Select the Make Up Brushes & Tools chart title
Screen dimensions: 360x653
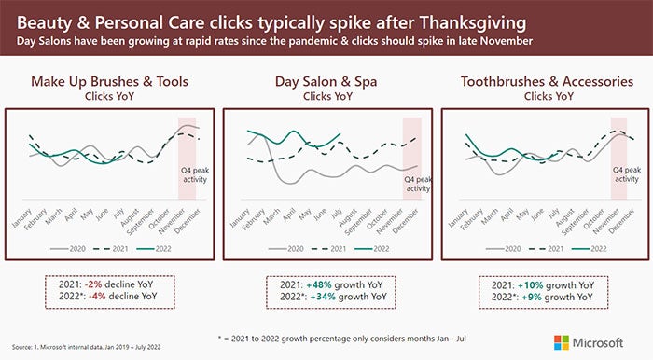point(109,81)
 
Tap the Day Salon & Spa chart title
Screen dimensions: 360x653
point(326,81)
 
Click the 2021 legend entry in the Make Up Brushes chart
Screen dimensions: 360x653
point(113,250)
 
